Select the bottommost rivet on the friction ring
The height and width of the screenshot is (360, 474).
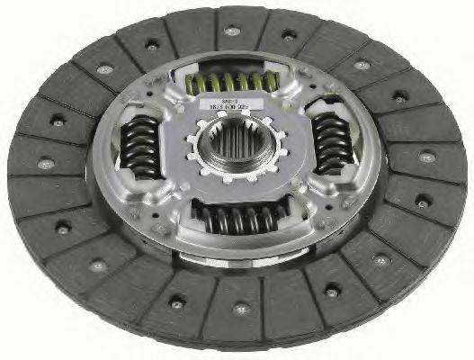pyautogui.click(x=241, y=309)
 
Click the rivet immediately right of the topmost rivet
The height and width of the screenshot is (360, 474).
pyautogui.click(x=289, y=35)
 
